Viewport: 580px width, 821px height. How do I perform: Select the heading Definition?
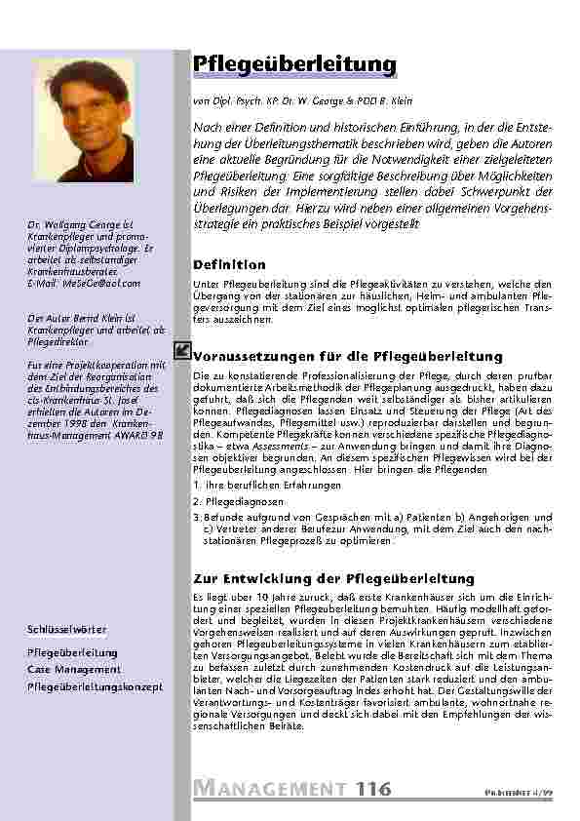(x=229, y=264)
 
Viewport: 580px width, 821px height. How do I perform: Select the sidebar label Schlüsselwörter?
(x=67, y=630)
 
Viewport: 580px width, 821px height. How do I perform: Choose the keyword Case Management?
(x=73, y=669)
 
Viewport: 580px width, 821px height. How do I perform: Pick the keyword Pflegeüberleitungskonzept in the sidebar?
(x=95, y=687)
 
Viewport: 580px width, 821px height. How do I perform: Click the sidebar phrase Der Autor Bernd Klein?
(x=76, y=319)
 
